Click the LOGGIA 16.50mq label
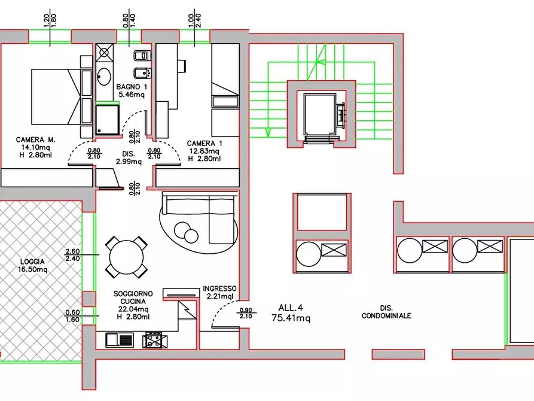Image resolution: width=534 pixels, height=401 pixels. click(x=33, y=265)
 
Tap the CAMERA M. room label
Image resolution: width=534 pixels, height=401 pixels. click(x=35, y=140)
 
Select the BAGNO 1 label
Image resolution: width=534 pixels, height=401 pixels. click(x=132, y=87)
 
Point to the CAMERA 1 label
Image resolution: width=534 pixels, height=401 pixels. click(x=205, y=144)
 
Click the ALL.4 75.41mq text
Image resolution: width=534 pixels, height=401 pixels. click(x=291, y=313)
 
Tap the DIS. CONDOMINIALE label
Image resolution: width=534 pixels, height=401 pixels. click(x=386, y=312)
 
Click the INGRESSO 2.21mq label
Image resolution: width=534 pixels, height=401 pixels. click(x=219, y=292)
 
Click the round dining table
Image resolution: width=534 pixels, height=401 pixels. click(x=126, y=257)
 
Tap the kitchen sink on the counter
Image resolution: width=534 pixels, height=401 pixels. click(x=119, y=340)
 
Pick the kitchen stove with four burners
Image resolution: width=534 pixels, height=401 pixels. click(x=155, y=341)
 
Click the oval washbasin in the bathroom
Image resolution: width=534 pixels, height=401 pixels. click(x=104, y=77)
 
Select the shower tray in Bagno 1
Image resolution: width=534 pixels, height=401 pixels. click(x=107, y=120)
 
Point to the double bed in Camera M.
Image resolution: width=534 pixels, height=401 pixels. click(x=62, y=97)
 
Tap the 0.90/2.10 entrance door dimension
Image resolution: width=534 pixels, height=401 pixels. click(x=246, y=313)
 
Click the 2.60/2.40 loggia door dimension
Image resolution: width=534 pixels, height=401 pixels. click(x=72, y=255)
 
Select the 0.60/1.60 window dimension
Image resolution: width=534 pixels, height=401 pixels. click(x=72, y=316)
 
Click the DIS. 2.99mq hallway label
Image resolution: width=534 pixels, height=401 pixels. click(x=129, y=158)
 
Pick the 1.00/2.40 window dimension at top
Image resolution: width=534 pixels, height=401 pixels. click(x=194, y=20)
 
